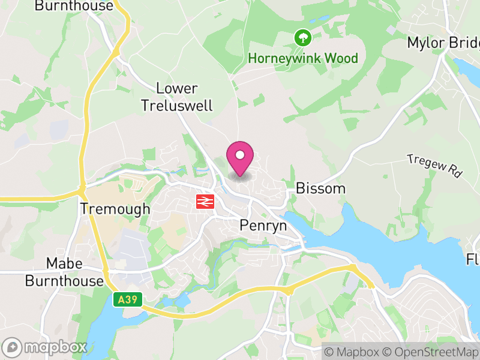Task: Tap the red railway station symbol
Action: [x=205, y=201]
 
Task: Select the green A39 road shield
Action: [x=128, y=299]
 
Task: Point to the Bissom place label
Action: [x=320, y=188]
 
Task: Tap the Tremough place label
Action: [x=115, y=209]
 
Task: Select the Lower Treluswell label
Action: [x=177, y=97]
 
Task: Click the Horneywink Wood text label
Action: [x=303, y=58]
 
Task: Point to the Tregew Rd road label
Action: [x=435, y=165]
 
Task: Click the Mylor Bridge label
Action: [x=443, y=43]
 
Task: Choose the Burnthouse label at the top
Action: [x=74, y=6]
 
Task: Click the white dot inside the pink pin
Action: [x=240, y=155]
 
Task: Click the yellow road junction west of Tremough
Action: [x=82, y=191]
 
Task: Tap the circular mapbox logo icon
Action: [x=13, y=347]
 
